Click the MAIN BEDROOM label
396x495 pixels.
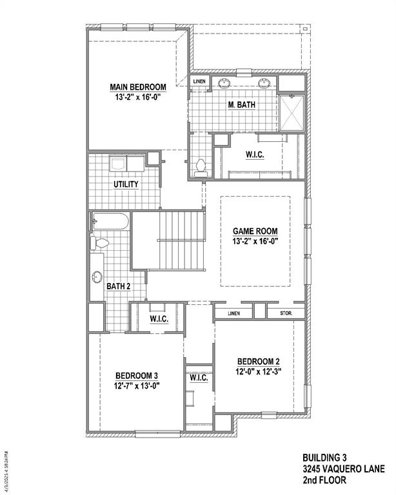[137, 87]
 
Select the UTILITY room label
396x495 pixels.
[126, 184]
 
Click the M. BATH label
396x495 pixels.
[242, 104]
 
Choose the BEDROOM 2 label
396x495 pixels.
[258, 361]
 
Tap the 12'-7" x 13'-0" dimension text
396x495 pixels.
[137, 385]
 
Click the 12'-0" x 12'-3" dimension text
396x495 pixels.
[258, 371]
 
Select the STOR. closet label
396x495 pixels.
[286, 313]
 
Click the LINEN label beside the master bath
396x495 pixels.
[200, 82]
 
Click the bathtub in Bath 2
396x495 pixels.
[111, 222]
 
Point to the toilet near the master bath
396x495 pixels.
[200, 167]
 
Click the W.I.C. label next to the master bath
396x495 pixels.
[255, 155]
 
